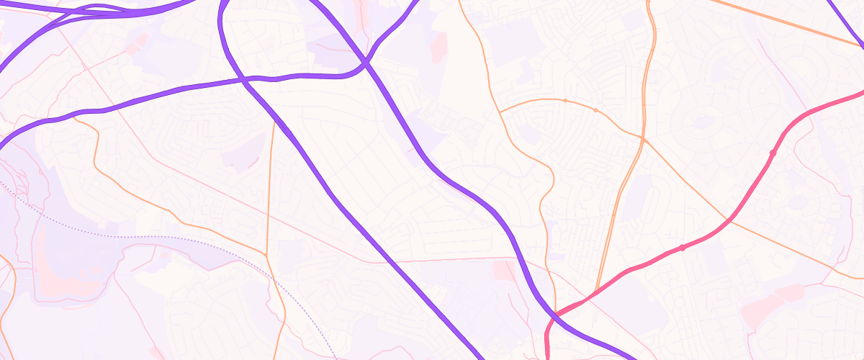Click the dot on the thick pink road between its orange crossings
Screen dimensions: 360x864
tap(682, 248)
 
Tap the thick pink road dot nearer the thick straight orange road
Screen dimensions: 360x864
tap(773, 153)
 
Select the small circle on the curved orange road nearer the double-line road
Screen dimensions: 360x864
tap(595, 110)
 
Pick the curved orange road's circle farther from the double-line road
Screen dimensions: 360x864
tap(564, 100)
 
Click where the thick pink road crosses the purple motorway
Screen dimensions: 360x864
tap(556, 314)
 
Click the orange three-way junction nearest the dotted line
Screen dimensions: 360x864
tap(267, 255)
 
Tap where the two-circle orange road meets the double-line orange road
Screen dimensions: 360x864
tap(642, 136)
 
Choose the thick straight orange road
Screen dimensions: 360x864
tap(785, 22)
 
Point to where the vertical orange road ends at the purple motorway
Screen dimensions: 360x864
tap(274, 120)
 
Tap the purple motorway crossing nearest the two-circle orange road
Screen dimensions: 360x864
tap(366, 63)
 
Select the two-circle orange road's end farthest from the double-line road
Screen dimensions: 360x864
tap(500, 112)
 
